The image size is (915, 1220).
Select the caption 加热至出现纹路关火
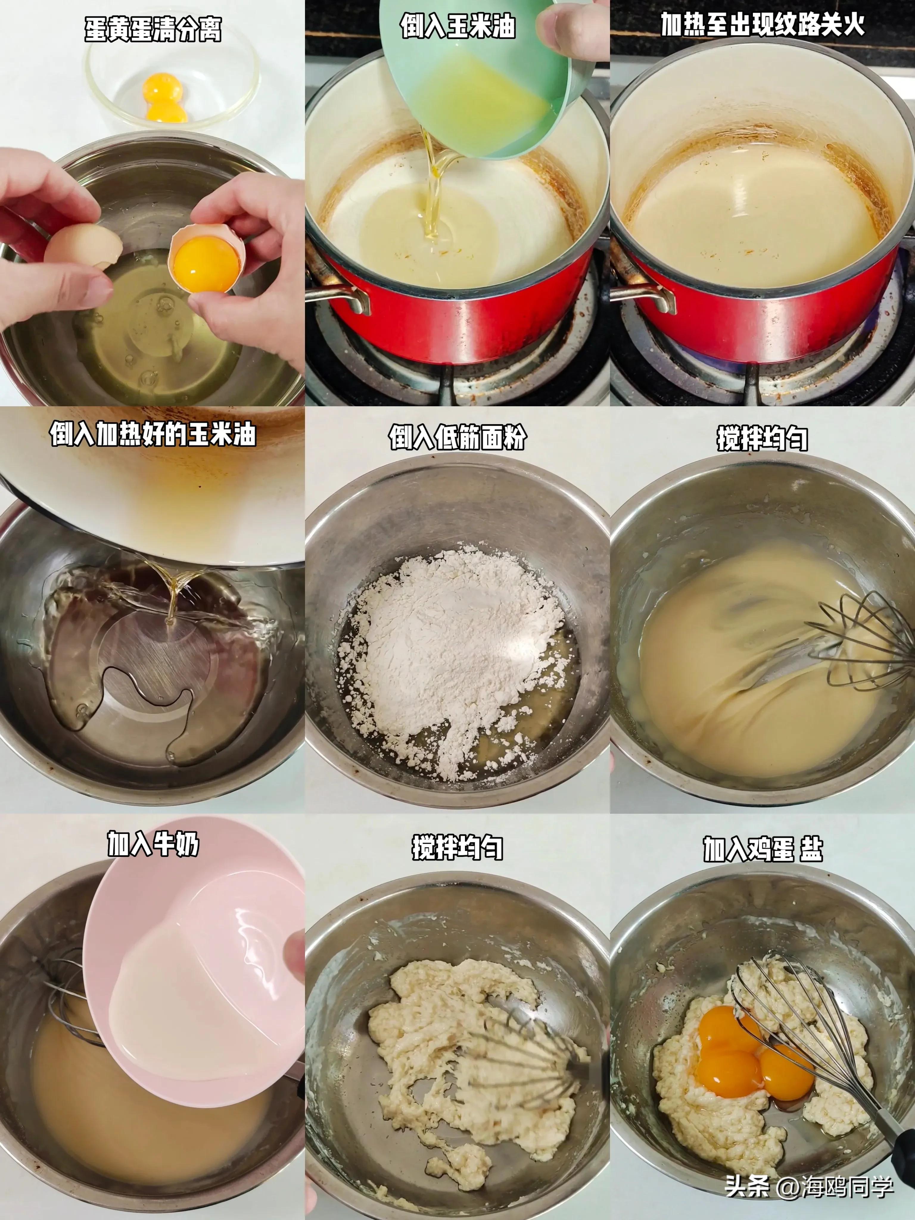point(762,25)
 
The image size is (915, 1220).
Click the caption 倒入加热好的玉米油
point(153,434)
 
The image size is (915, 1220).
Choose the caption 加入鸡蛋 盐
point(762,849)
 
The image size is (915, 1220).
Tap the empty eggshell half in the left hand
point(83,245)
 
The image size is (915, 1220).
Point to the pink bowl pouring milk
point(193,971)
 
